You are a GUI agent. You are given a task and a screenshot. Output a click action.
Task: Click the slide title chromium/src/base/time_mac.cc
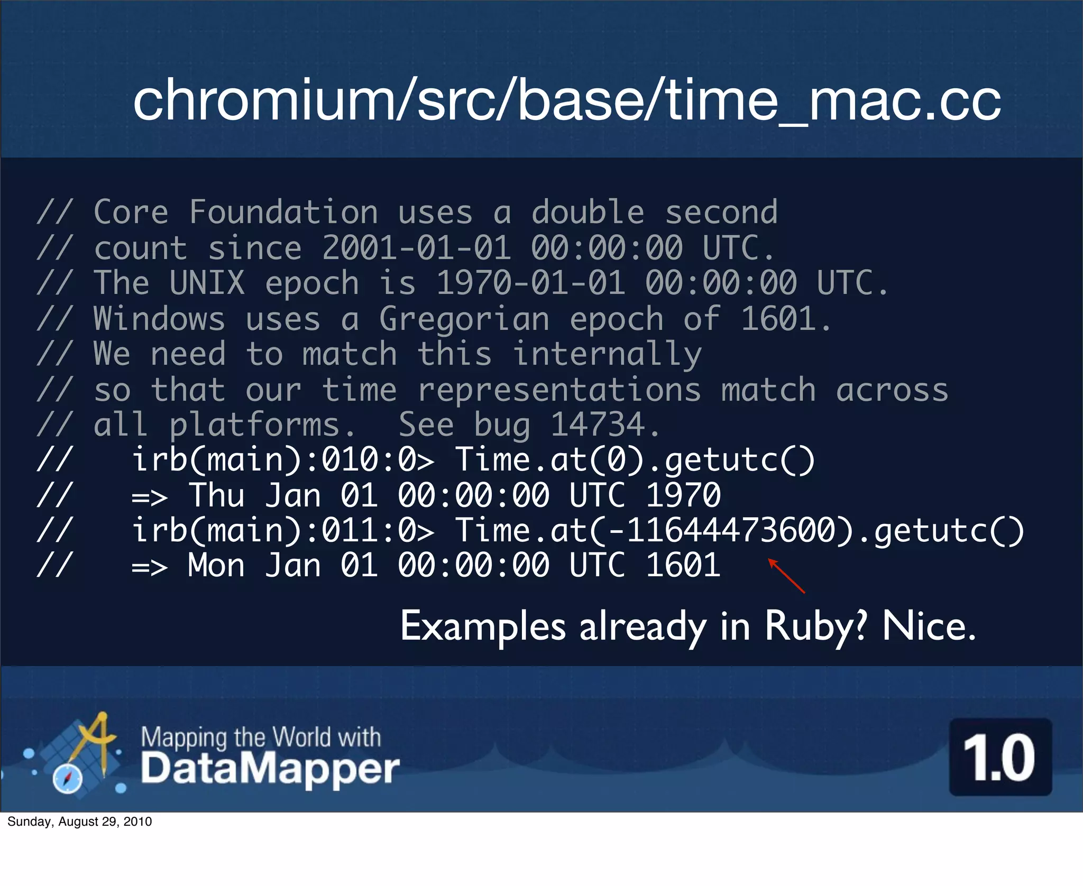(566, 100)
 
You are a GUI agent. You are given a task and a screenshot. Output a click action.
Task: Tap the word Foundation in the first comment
(283, 213)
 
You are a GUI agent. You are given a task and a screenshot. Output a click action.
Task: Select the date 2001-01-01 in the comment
(417, 248)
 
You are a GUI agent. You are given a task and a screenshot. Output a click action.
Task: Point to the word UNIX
(207, 283)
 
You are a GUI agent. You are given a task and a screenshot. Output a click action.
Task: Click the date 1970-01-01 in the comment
(531, 283)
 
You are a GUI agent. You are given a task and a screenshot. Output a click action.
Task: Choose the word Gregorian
(464, 320)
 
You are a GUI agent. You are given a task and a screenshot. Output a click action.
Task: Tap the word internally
(607, 355)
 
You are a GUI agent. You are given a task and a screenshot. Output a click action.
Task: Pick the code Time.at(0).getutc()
(635, 460)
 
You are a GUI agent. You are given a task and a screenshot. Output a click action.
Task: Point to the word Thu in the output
(216, 496)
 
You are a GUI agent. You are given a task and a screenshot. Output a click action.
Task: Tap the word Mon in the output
(216, 566)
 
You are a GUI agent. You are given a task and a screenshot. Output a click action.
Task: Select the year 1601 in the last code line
(683, 566)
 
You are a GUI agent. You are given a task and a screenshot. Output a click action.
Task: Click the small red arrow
(786, 576)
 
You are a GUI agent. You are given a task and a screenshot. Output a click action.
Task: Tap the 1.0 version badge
(1000, 758)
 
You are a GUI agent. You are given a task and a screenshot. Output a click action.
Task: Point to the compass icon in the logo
(68, 779)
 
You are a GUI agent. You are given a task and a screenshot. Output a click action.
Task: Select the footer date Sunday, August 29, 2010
(80, 822)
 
